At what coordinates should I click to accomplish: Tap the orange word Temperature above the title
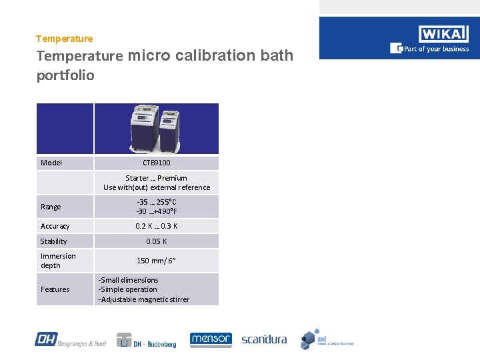click(x=65, y=39)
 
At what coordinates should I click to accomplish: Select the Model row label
click(x=51, y=163)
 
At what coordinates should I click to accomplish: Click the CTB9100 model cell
click(x=157, y=163)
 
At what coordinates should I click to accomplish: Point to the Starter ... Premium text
click(x=157, y=178)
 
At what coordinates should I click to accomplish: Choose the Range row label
click(x=51, y=207)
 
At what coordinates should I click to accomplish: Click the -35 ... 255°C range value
click(x=157, y=202)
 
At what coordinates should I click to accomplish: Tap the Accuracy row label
click(x=55, y=226)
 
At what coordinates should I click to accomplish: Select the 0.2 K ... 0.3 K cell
click(x=157, y=226)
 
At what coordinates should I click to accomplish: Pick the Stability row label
click(x=54, y=241)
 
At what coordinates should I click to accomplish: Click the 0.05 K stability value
click(x=157, y=241)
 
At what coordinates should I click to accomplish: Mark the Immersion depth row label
click(x=58, y=261)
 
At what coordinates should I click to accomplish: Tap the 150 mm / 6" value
click(x=157, y=261)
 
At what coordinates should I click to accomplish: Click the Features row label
click(x=55, y=289)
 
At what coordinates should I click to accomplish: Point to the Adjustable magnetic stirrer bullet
click(x=144, y=299)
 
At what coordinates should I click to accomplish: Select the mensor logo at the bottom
click(x=211, y=340)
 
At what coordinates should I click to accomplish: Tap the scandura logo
click(x=264, y=339)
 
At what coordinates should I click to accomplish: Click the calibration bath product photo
click(x=155, y=128)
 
